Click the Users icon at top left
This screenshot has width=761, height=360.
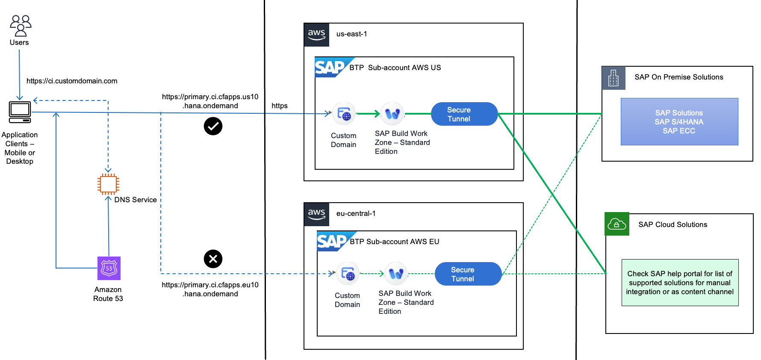[21, 26]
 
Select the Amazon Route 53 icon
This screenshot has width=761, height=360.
[109, 268]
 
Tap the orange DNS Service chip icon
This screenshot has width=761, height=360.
[108, 184]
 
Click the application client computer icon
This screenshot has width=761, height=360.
[20, 112]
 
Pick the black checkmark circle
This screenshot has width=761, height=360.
[213, 126]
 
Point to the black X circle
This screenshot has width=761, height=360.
[213, 259]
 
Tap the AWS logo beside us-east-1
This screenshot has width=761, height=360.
[316, 35]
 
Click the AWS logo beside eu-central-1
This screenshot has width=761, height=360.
[316, 214]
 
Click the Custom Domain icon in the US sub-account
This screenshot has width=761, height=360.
[344, 114]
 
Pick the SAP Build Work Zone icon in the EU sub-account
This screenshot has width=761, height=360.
[396, 274]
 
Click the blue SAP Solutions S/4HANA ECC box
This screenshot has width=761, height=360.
[679, 122]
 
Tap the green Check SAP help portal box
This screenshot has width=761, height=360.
[680, 283]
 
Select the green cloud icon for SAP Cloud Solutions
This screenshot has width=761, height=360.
[617, 224]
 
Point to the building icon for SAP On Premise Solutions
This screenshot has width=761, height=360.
[614, 78]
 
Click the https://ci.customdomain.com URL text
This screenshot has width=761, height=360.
[72, 81]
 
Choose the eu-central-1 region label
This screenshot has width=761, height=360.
[356, 213]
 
